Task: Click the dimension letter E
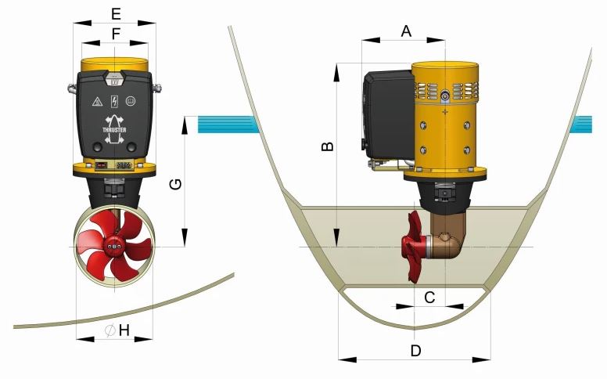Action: point(116,13)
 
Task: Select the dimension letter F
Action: point(116,34)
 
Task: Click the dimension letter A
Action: point(406,31)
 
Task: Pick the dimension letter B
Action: point(329,146)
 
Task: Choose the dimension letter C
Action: point(429,297)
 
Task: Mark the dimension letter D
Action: point(415,350)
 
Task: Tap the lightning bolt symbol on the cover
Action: point(115,101)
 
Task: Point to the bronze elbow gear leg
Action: point(451,243)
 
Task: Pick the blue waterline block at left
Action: point(227,124)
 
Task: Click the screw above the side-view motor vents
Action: point(444,96)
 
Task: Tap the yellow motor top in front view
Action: point(114,63)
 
